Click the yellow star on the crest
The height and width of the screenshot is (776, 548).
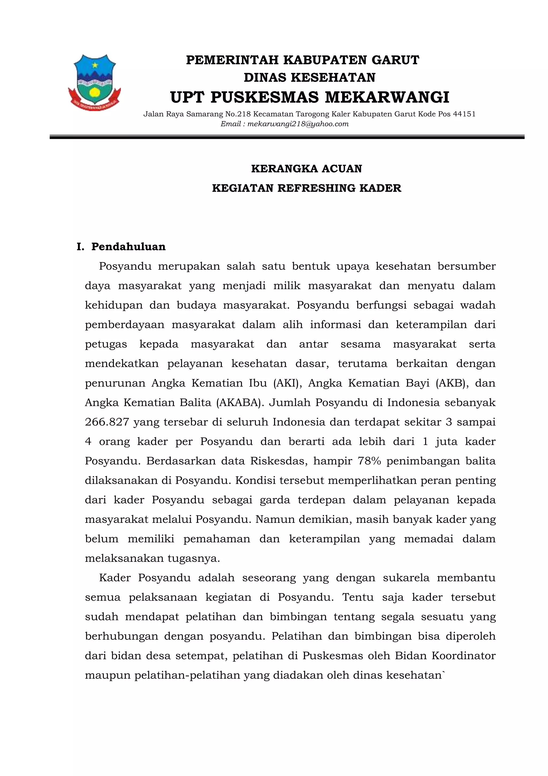coord(95,65)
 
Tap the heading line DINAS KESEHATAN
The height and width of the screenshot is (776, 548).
coord(309,78)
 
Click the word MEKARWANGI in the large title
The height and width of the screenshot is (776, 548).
coord(387,97)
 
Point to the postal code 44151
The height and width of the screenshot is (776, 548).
coord(464,114)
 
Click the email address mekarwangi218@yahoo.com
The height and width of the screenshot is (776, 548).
coord(298,124)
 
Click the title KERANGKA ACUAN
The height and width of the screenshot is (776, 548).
coord(306,169)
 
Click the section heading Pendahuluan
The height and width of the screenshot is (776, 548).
coord(128,247)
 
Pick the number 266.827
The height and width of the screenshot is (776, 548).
coord(107,422)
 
